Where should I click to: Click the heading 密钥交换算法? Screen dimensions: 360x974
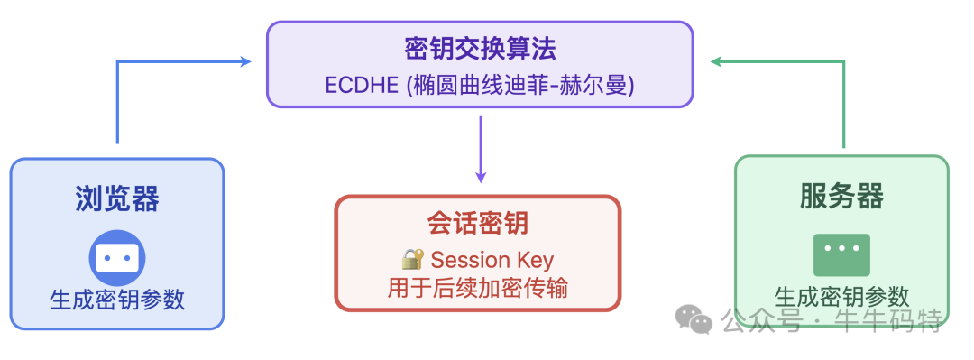pyautogui.click(x=480, y=48)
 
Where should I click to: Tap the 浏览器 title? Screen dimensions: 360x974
pyautogui.click(x=117, y=198)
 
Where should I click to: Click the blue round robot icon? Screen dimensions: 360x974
pyautogui.click(x=117, y=258)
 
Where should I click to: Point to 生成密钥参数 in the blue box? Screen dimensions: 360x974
pyautogui.click(x=117, y=300)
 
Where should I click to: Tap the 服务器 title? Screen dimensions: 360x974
pyautogui.click(x=841, y=196)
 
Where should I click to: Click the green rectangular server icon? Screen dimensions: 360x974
pyautogui.click(x=841, y=254)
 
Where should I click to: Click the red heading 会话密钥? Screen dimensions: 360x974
pyautogui.click(x=478, y=224)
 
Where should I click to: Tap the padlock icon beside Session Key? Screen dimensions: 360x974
pyautogui.click(x=412, y=260)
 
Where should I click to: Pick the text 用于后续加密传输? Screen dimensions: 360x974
pyautogui.click(x=478, y=288)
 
